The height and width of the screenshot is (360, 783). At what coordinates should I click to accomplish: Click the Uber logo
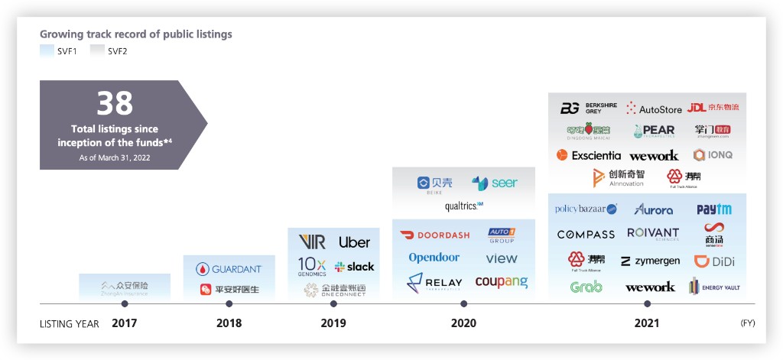(x=354, y=242)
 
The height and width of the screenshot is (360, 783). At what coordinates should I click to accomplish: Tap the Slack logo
(x=354, y=267)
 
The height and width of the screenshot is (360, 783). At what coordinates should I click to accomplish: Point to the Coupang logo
(x=502, y=282)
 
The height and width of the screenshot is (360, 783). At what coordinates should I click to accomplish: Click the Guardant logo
(x=229, y=269)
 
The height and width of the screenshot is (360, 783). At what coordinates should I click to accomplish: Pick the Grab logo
(x=586, y=287)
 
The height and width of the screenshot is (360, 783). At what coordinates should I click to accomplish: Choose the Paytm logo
(x=713, y=209)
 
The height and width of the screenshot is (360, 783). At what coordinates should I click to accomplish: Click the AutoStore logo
(x=654, y=109)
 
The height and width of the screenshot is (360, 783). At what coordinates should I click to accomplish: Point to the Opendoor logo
(x=434, y=258)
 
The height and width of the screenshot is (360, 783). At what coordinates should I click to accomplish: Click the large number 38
(x=115, y=102)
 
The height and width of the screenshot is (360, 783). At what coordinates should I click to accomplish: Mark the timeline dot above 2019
(x=333, y=303)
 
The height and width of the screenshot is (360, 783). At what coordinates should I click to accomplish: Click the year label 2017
(x=124, y=323)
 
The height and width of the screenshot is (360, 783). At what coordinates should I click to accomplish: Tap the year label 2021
(x=647, y=323)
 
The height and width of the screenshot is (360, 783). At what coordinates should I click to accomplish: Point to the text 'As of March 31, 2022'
(x=115, y=157)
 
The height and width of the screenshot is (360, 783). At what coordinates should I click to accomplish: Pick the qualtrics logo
(x=463, y=206)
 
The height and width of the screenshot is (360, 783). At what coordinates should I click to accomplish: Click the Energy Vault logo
(x=713, y=287)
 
